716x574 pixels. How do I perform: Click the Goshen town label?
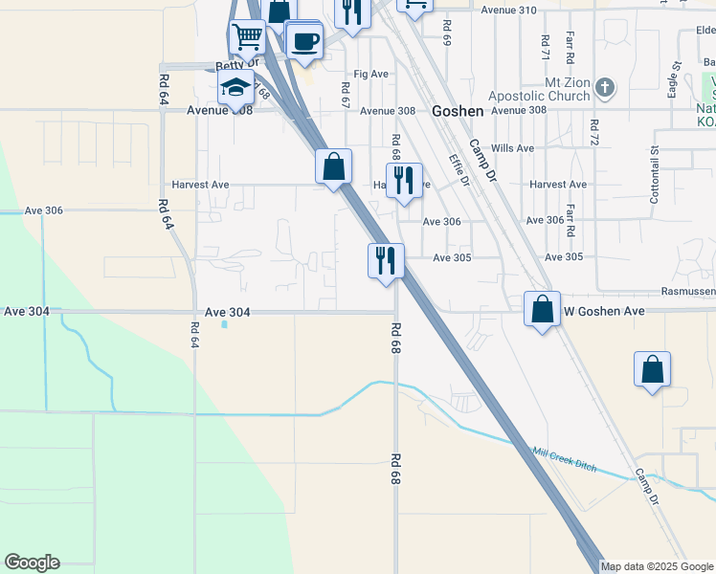458,111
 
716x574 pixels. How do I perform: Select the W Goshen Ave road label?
604,311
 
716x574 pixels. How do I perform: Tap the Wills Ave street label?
511,148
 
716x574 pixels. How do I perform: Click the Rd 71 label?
544,45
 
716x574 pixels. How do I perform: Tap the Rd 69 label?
446,33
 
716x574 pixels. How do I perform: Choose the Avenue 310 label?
508,10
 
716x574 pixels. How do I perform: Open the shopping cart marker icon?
247,37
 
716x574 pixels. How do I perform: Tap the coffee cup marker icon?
304,41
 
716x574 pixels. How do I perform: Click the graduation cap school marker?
235,88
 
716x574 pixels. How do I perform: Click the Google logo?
32,563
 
